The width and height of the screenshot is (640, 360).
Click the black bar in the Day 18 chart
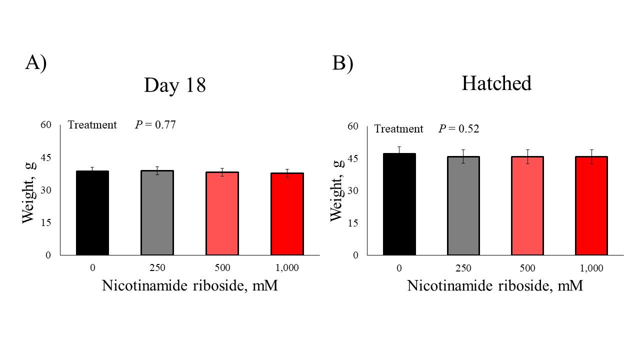92,213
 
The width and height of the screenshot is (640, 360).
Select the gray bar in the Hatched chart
463,205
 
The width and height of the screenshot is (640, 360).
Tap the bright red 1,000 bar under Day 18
287,214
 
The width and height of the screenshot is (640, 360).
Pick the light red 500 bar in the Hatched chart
527,205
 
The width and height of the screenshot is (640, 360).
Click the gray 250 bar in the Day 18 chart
157,213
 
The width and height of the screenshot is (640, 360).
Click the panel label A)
35,63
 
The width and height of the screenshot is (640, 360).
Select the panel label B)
342,63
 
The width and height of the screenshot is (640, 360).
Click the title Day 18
174,85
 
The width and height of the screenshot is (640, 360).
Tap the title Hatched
496,83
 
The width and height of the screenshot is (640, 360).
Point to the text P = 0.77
155,124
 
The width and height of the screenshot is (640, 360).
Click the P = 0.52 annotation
459,128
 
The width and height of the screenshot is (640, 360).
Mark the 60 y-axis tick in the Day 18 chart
46,124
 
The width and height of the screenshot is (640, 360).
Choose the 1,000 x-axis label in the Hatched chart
591,268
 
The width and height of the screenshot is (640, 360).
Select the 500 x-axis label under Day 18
222,268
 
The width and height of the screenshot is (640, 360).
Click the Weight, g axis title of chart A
29,190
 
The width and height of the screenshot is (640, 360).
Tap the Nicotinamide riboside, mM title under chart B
495,286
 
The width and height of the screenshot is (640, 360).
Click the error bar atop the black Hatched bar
399,150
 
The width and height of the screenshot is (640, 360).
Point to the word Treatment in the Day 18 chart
92,124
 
